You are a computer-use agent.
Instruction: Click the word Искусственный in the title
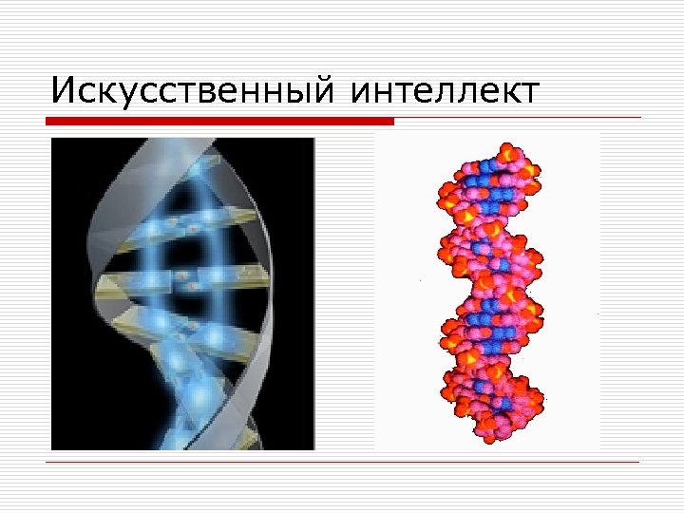[x=190, y=91]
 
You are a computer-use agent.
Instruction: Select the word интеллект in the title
[x=445, y=91]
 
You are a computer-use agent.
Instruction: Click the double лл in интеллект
[x=454, y=93]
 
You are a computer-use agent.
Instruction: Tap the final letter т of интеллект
[x=529, y=93]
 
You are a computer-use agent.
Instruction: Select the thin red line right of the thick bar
[x=518, y=119]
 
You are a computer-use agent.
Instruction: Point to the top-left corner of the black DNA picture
[x=52, y=139]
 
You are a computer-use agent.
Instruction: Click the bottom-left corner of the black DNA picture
[x=52, y=448]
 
